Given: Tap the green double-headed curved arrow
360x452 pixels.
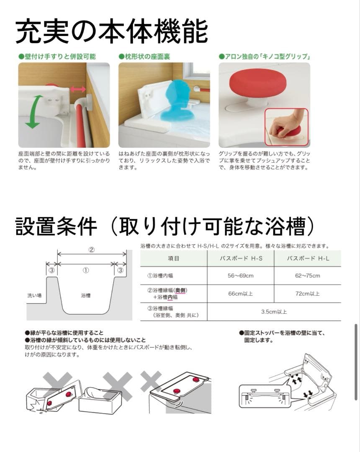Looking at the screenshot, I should click(x=33, y=111).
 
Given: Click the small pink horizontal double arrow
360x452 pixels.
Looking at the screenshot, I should click(x=78, y=89).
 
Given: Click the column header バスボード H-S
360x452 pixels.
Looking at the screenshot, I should click(x=241, y=258).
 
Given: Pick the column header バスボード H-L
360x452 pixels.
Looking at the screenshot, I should click(x=308, y=258).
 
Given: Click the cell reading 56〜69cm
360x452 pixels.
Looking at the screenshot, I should click(x=241, y=275).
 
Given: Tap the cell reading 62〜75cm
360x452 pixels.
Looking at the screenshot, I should click(x=308, y=275).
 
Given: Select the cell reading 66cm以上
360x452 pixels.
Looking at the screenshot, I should click(x=241, y=293).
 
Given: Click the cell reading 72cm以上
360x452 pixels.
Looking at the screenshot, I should click(x=308, y=293).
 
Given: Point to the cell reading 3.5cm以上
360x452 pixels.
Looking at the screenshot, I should click(x=274, y=312).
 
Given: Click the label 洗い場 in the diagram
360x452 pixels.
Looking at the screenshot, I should click(x=34, y=295).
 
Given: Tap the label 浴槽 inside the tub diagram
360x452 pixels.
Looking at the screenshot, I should click(x=86, y=295).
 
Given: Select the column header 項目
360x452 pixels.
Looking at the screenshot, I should click(x=174, y=258).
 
